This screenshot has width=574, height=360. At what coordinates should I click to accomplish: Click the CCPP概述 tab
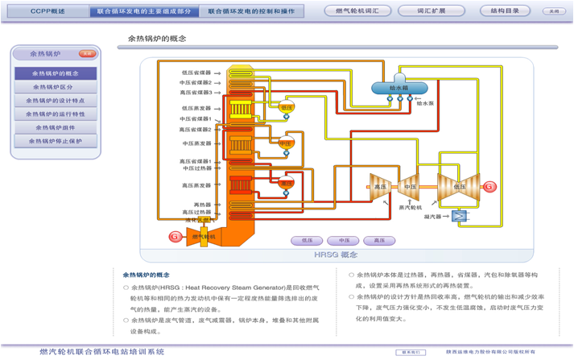tap(47, 12)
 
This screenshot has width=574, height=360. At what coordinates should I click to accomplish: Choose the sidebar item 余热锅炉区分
tap(55, 87)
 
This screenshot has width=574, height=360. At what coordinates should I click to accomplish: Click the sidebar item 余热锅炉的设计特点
tap(55, 101)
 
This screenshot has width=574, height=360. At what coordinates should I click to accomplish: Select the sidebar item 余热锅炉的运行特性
tap(55, 114)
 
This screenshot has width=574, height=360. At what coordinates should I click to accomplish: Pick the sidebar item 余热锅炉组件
tap(55, 127)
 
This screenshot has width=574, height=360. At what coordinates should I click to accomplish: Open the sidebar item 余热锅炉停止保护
tap(55, 141)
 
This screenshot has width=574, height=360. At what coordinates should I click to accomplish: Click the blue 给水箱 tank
tap(390, 87)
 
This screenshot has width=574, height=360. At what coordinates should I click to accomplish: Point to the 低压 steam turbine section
tap(457, 187)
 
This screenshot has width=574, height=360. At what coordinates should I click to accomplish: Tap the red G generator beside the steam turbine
tap(488, 187)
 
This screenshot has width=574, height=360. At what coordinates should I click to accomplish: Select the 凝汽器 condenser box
tap(459, 216)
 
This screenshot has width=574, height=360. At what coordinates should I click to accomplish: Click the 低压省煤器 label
tap(196, 72)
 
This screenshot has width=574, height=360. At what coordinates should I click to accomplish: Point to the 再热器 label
tap(202, 205)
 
